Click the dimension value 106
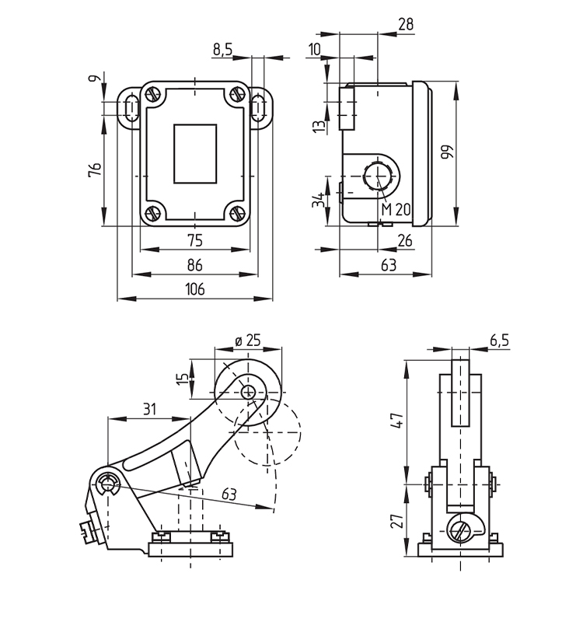point(194,289)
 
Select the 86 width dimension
point(194,264)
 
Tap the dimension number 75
point(194,239)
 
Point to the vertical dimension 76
point(94,169)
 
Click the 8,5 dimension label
point(222,50)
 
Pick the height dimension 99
point(446,151)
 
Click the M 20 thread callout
point(396,209)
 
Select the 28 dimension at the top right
point(405,25)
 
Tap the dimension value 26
point(405,240)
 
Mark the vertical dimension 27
point(396,520)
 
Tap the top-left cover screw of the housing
point(152,95)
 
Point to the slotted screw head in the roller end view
point(460,531)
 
